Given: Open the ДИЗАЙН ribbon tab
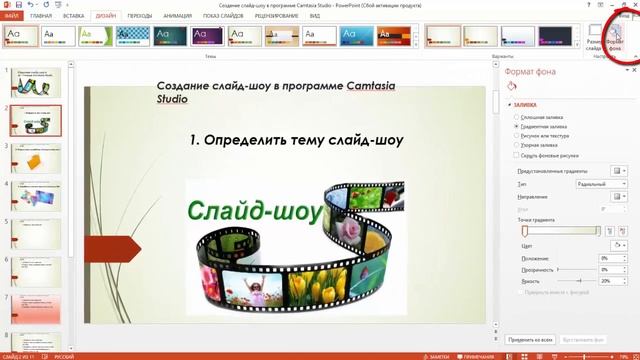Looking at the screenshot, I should tap(105, 17).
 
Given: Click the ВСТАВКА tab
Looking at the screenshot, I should tap(73, 17).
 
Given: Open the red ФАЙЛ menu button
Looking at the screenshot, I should tap(11, 17).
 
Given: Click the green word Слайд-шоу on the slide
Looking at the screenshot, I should tap(254, 211).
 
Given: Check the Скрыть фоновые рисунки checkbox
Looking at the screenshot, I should tap(516, 156).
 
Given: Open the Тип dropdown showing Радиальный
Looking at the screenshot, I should tap(601, 184).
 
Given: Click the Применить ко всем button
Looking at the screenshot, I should tap(530, 340).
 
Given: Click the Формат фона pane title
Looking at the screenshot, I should tap(532, 72).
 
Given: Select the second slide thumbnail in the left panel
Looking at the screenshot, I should tap(35, 120).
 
